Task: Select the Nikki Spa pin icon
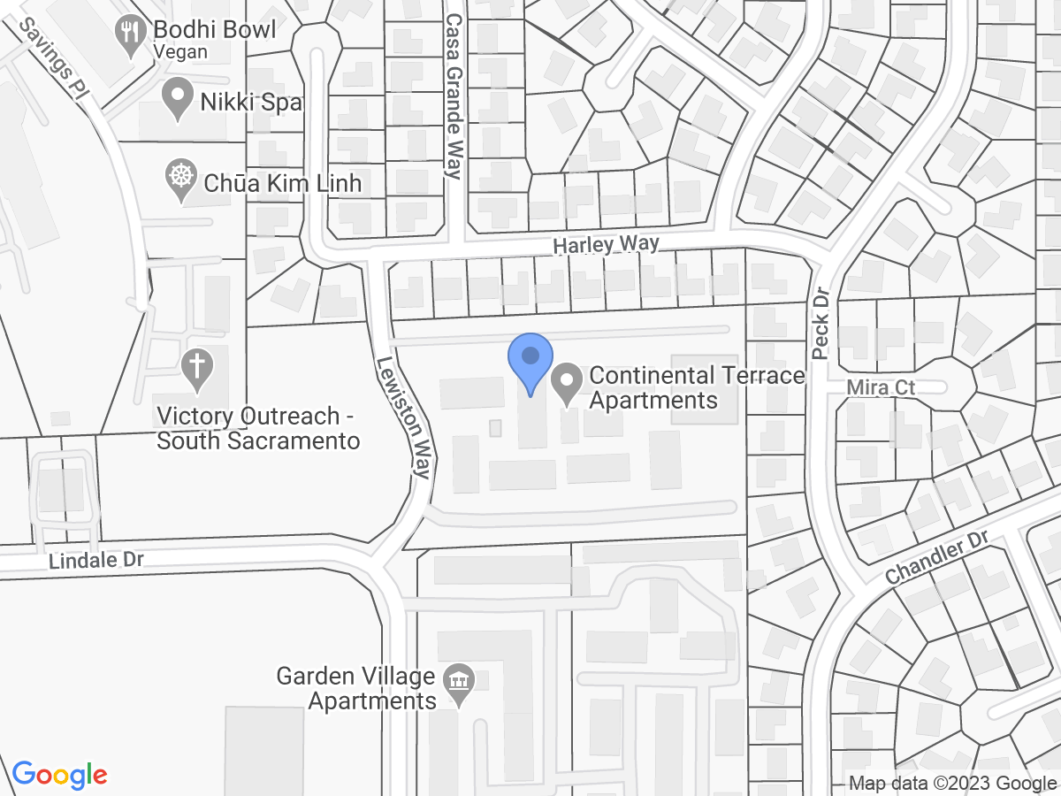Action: (179, 98)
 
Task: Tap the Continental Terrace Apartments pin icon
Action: (566, 384)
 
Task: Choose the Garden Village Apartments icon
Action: (459, 684)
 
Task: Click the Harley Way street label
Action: (607, 245)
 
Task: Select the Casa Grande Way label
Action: (454, 96)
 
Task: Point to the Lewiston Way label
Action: (403, 417)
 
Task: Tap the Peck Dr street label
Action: (820, 323)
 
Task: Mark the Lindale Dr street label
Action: (95, 560)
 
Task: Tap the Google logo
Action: (60, 775)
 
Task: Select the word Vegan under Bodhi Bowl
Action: (180, 51)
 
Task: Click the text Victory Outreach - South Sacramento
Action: (258, 428)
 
